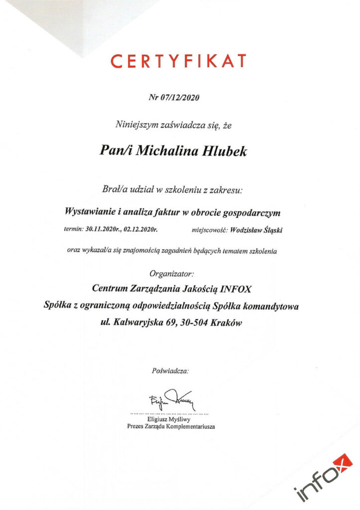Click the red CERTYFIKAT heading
pyautogui.click(x=178, y=61)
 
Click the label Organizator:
pyautogui.click(x=172, y=273)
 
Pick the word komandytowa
pyautogui.click(x=274, y=306)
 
